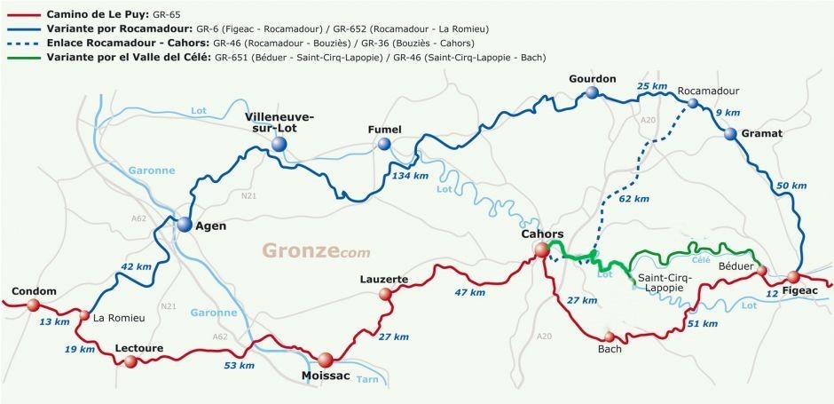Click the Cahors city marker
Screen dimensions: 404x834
tap(541, 251)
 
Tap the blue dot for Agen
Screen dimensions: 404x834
tap(185, 225)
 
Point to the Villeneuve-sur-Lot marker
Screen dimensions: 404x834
tap(280, 144)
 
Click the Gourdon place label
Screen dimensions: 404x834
tap(593, 79)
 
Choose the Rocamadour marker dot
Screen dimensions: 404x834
tap(692, 104)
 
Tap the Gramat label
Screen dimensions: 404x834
tap(764, 133)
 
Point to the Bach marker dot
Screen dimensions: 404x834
tap(609, 337)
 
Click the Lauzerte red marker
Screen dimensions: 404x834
tap(385, 293)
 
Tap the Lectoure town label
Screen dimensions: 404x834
tap(139, 348)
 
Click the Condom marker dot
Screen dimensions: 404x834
tap(33, 305)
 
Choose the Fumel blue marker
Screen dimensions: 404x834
tap(383, 144)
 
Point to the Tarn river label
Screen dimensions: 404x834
tap(367, 379)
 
